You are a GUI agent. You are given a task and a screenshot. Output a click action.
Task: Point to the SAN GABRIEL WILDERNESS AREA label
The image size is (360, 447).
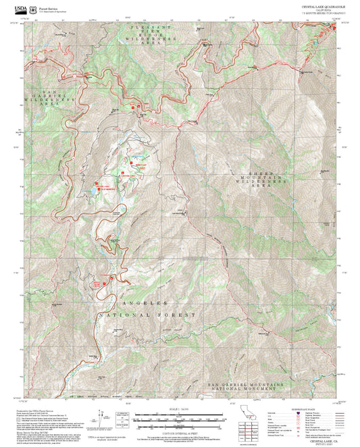point(55,98)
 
